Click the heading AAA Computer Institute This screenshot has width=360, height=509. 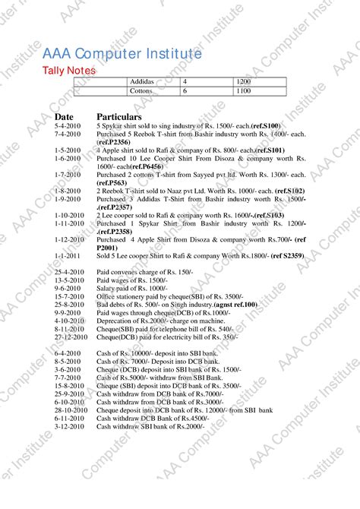(x=122, y=55)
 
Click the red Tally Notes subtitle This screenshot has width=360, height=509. (x=68, y=71)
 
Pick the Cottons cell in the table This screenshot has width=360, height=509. (x=141, y=91)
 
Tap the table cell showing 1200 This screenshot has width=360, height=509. (x=243, y=81)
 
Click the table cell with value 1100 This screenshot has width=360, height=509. (x=243, y=91)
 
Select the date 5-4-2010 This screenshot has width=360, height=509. (x=68, y=126)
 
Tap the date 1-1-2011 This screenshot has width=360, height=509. (x=68, y=258)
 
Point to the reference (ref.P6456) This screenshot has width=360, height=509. (x=147, y=166)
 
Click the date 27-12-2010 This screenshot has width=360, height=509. (x=72, y=337)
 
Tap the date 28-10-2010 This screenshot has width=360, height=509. (x=72, y=410)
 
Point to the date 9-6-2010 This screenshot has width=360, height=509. (x=68, y=289)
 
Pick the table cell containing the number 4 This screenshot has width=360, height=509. (x=185, y=81)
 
